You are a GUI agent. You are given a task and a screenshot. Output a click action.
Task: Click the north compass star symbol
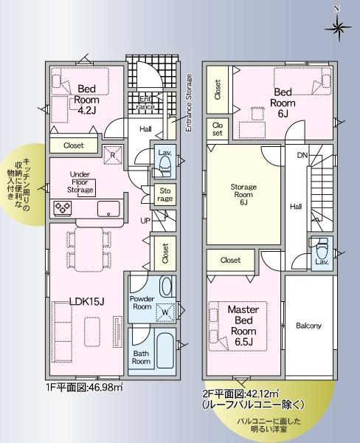click(338, 27)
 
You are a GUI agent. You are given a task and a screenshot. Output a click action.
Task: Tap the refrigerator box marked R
click(113, 155)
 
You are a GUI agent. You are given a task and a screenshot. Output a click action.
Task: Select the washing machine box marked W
click(165, 312)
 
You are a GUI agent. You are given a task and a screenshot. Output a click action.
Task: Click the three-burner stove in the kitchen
click(63, 208)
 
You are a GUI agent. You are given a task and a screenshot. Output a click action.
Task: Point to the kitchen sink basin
click(108, 209)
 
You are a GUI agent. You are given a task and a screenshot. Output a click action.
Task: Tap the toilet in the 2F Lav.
click(320, 247)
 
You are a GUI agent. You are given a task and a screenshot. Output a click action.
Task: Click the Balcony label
click(308, 326)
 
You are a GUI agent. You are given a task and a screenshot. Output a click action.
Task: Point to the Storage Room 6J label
click(243, 195)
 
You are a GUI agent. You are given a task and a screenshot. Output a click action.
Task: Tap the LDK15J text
click(87, 301)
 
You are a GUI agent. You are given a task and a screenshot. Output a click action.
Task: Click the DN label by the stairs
click(302, 155)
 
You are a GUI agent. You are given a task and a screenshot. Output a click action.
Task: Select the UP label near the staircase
click(145, 221)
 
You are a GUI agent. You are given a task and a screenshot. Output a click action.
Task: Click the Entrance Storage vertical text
click(189, 103)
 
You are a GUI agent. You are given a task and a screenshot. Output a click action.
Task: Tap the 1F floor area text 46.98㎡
click(84, 387)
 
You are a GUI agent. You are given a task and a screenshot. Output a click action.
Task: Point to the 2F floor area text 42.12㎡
click(240, 393)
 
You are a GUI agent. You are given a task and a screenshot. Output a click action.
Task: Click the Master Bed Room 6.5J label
click(243, 326)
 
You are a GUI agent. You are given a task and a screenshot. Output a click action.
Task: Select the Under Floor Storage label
click(80, 182)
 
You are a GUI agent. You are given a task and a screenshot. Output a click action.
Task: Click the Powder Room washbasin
click(165, 286)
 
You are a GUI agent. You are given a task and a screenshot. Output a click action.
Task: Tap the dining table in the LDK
click(89, 250)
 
